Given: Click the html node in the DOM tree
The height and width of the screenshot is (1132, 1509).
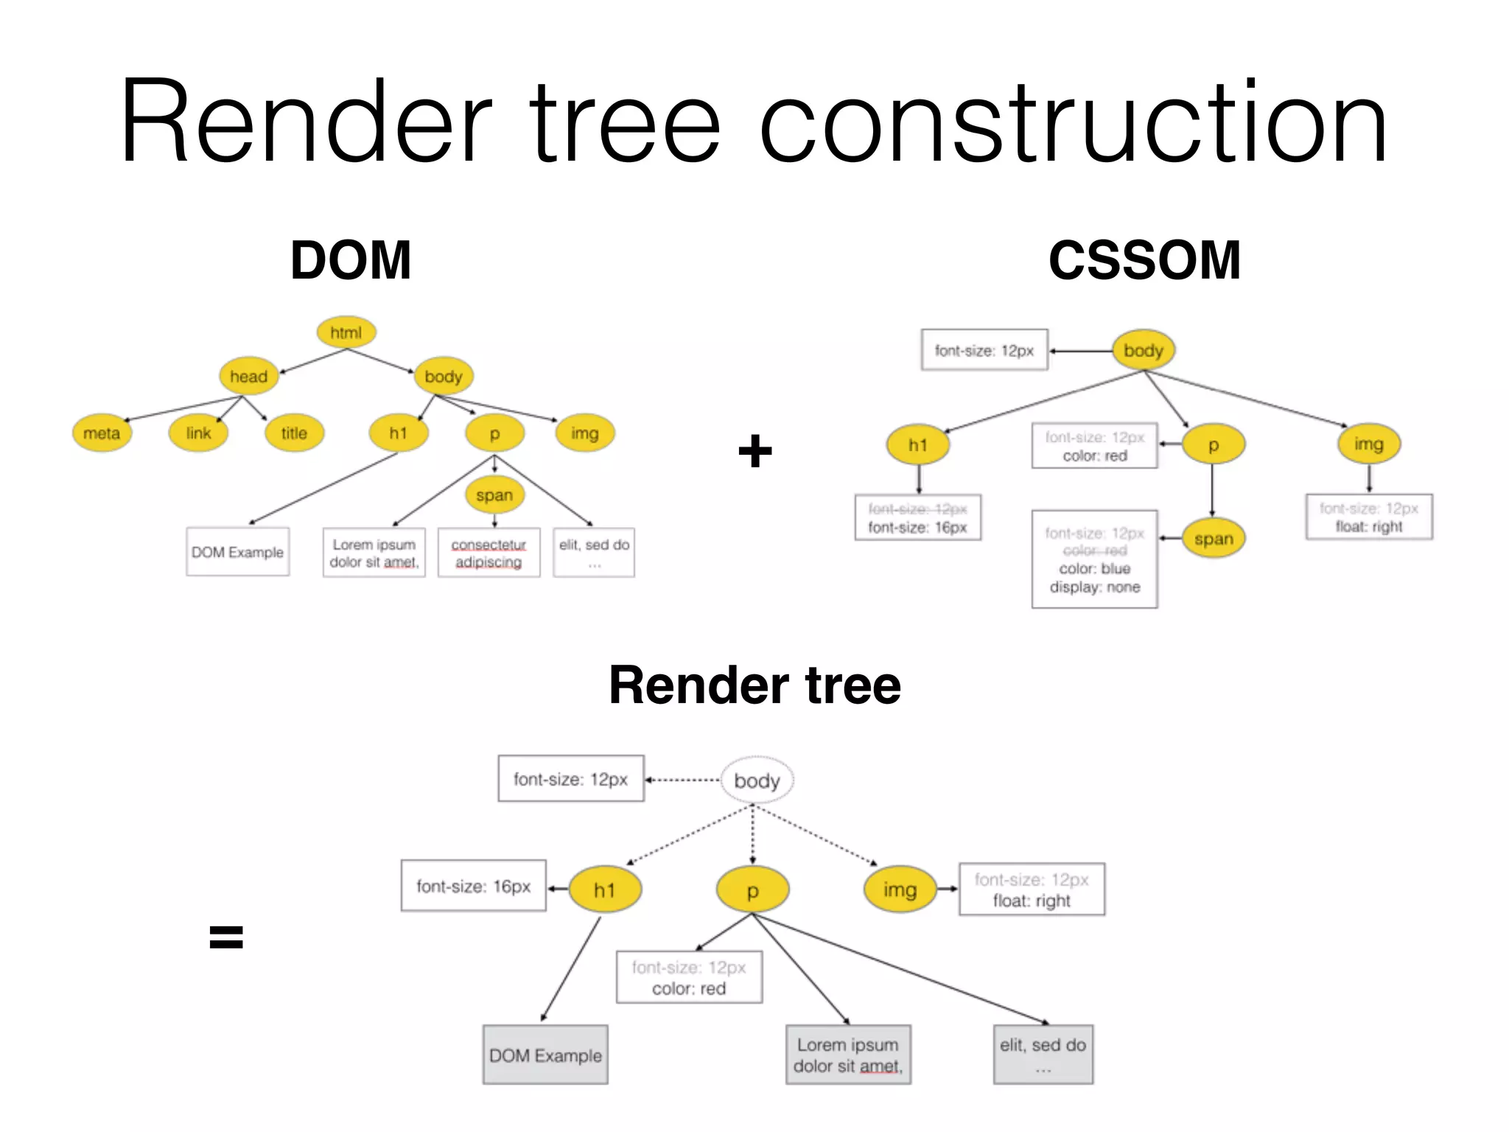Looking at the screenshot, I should (346, 332).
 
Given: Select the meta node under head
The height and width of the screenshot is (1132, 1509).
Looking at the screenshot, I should (102, 433).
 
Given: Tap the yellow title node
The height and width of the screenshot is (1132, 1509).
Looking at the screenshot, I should (294, 433).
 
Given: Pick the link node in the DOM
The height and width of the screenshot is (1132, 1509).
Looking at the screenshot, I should (198, 433).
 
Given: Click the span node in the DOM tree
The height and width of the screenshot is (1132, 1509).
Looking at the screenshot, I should (494, 495).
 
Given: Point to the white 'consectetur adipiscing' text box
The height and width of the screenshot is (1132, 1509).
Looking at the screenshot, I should (489, 553).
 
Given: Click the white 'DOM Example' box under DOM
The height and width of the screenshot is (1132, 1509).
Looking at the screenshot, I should (237, 552).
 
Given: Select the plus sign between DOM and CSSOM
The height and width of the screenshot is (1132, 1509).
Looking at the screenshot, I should (755, 451).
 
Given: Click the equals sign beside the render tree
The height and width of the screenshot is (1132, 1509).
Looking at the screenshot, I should (226, 937).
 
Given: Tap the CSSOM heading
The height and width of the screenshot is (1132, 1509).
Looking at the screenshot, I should (1144, 261).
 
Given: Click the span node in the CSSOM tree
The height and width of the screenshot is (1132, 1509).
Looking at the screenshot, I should (1214, 539).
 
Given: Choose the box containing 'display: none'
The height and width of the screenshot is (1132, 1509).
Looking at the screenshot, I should (1094, 559).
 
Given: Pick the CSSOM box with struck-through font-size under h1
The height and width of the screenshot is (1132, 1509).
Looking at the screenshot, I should (917, 518).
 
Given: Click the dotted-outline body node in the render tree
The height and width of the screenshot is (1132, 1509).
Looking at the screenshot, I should (757, 780).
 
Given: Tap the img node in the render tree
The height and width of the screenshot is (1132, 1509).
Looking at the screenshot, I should (900, 890).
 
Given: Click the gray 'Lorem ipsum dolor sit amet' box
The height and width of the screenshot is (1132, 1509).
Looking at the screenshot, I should (848, 1055).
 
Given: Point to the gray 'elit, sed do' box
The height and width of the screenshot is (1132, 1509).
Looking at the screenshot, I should (1043, 1055).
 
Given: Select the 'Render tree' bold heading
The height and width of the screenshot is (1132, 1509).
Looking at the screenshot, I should (754, 685).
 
